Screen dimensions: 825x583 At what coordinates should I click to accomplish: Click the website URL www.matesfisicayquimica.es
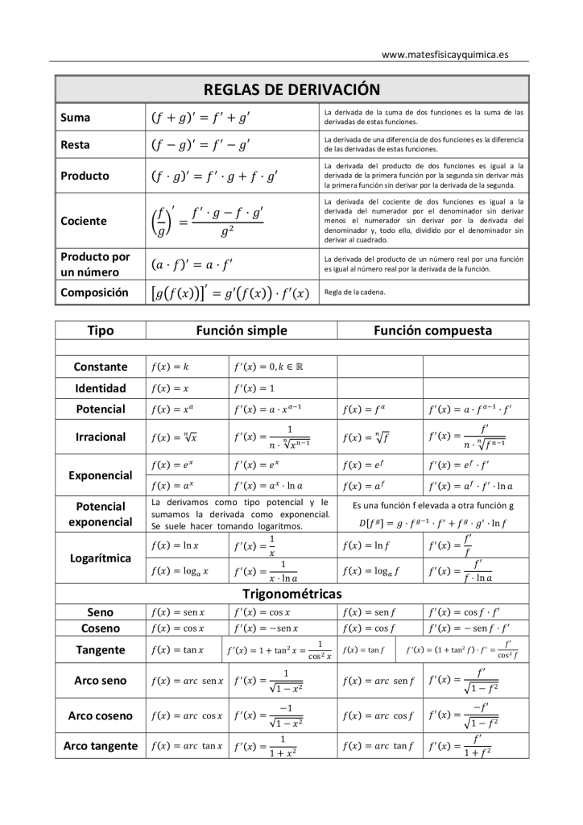click(x=444, y=54)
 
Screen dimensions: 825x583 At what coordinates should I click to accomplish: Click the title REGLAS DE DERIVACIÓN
click(x=291, y=89)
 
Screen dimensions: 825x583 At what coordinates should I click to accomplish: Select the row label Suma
click(x=76, y=118)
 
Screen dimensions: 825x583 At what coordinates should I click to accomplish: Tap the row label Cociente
click(x=84, y=221)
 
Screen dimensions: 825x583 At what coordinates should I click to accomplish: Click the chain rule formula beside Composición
click(x=230, y=292)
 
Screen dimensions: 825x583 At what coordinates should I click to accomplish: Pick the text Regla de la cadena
click(x=354, y=292)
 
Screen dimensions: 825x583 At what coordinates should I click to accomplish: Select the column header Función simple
click(x=242, y=330)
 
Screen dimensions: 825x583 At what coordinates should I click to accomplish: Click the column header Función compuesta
click(x=432, y=330)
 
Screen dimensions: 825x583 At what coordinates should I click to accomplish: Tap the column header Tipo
click(x=101, y=330)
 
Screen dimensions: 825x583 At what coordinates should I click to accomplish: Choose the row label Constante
click(x=101, y=367)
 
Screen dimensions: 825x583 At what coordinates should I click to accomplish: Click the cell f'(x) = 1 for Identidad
click(x=254, y=388)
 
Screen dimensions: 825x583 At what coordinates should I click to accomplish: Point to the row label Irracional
click(x=101, y=437)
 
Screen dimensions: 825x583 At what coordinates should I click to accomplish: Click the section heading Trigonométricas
click(x=291, y=594)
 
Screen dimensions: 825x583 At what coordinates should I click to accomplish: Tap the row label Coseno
click(x=101, y=628)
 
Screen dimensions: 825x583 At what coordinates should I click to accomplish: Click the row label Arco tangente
click(x=101, y=746)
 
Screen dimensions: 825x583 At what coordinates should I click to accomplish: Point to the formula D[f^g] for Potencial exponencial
click(x=433, y=523)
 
